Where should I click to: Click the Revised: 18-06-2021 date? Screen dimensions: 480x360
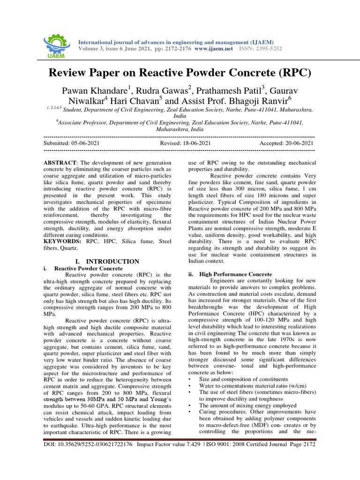pos(185,143)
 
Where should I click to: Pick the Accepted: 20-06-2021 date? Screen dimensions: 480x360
pos(286,143)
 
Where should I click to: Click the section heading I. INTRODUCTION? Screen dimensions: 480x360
pos(107,261)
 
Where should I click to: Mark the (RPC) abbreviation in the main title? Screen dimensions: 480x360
pos(292,73)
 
